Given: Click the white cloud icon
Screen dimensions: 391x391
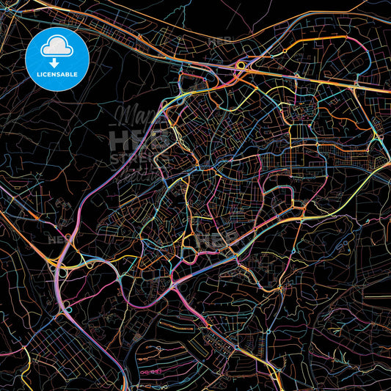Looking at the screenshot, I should [56, 48].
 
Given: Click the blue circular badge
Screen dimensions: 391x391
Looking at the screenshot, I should [56, 58].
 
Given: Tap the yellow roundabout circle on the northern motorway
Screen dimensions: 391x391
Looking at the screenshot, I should [241, 66].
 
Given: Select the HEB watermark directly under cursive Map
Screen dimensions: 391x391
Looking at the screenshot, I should [139, 139].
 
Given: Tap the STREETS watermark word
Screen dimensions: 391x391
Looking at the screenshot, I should [139, 158].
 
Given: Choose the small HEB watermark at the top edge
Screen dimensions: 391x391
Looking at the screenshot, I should [220, 42].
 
